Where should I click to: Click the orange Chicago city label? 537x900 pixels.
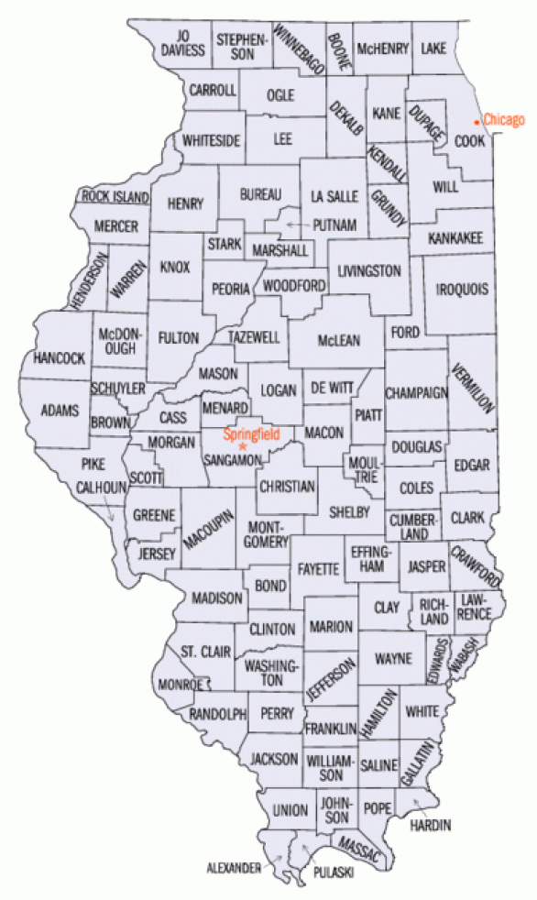(504, 120)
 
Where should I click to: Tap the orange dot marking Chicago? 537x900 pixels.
(477, 121)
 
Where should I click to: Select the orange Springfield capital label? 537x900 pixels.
(251, 434)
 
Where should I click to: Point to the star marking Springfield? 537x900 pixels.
(243, 446)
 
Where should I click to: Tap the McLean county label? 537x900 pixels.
(338, 340)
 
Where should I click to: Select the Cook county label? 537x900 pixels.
(469, 141)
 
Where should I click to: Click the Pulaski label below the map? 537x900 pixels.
(331, 873)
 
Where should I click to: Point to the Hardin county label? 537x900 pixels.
(431, 825)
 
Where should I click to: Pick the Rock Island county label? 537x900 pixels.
(115, 196)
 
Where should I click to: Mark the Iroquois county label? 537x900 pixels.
(464, 288)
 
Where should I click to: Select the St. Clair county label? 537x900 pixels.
(199, 652)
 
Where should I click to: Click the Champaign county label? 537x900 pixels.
(416, 392)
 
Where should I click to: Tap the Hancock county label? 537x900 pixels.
(60, 357)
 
